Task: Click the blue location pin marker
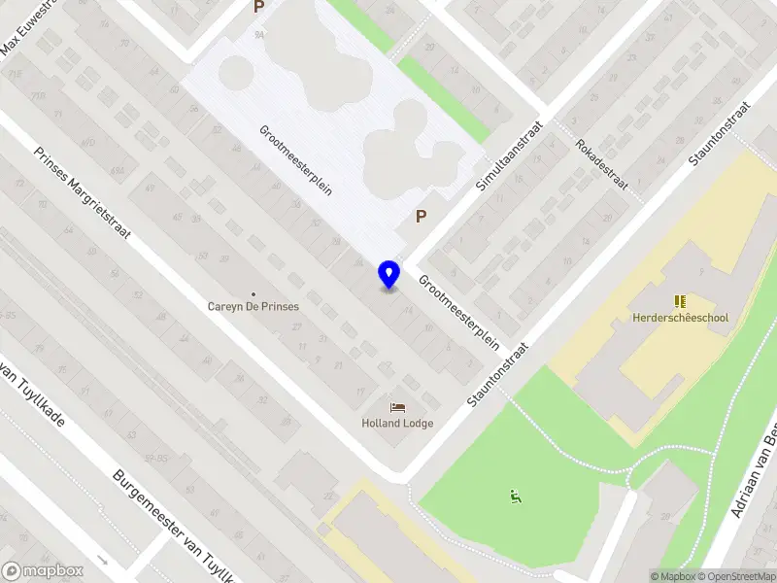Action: tap(389, 275)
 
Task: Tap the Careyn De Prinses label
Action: tap(253, 306)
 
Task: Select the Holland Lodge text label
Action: tap(397, 423)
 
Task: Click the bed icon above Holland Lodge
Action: tap(397, 407)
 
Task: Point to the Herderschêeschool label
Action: tap(680, 317)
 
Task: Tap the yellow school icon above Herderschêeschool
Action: tap(680, 301)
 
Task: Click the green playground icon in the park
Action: tap(515, 497)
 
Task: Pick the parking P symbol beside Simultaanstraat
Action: tap(421, 217)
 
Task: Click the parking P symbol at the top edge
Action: tap(258, 7)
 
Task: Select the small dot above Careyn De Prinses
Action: tap(253, 293)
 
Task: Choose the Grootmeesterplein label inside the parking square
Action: tap(295, 160)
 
